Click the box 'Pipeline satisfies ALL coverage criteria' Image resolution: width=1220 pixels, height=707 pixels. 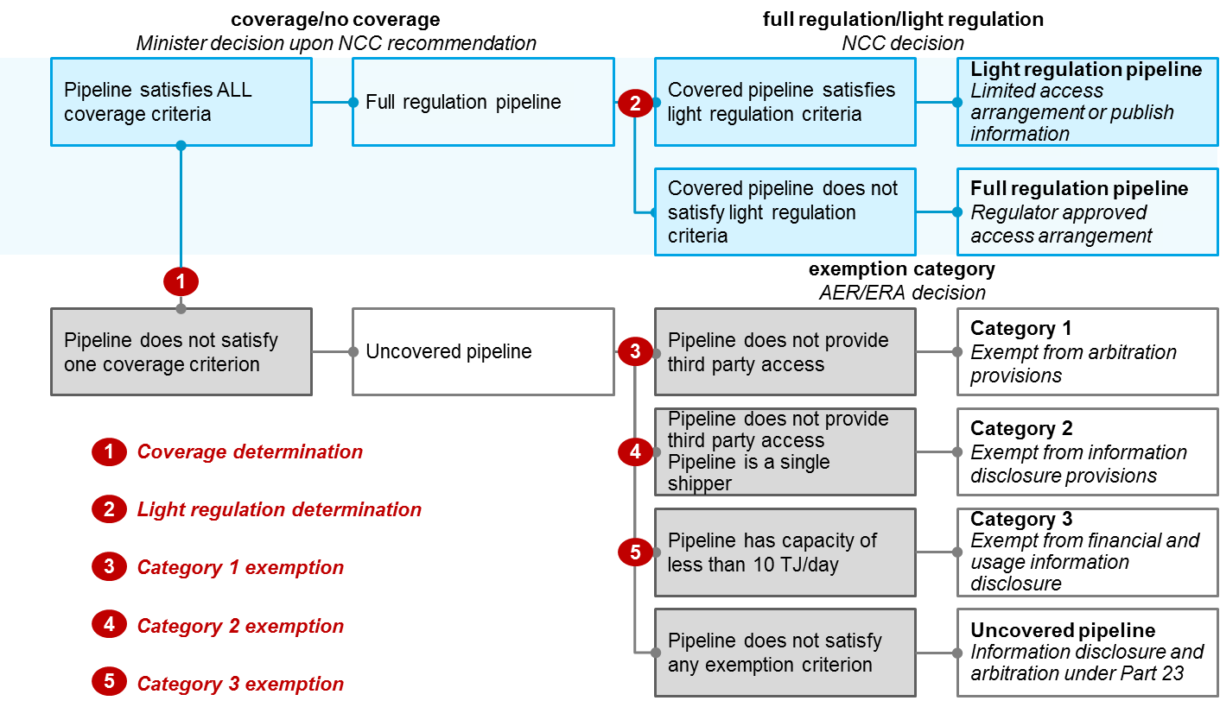click(181, 102)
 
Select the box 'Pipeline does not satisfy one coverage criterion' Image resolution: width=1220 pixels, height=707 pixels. click(181, 351)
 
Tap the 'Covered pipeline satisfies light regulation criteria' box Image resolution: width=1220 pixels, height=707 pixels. click(785, 102)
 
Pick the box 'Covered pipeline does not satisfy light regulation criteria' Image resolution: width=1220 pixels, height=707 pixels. click(785, 212)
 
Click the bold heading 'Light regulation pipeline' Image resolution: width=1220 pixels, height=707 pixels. click(1086, 70)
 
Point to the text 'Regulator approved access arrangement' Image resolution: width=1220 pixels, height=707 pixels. click(1061, 224)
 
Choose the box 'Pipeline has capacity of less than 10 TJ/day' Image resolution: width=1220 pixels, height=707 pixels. click(785, 552)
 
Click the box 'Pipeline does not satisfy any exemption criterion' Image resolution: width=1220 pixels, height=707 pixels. click(785, 653)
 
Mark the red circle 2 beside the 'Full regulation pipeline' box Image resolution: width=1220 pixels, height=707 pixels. click(635, 104)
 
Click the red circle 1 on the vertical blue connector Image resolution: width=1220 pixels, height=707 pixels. click(181, 281)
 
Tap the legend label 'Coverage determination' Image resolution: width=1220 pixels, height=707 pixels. click(250, 452)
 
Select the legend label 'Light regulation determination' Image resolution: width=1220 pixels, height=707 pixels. click(279, 510)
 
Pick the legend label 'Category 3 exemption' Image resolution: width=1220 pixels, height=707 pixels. click(240, 684)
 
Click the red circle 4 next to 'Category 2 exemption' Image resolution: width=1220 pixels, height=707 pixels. click(109, 626)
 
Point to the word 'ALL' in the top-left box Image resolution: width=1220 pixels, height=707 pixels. click(229, 90)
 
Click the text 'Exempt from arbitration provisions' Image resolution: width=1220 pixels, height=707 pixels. click(1073, 364)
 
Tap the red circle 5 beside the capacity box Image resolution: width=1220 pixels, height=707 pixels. click(635, 552)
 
